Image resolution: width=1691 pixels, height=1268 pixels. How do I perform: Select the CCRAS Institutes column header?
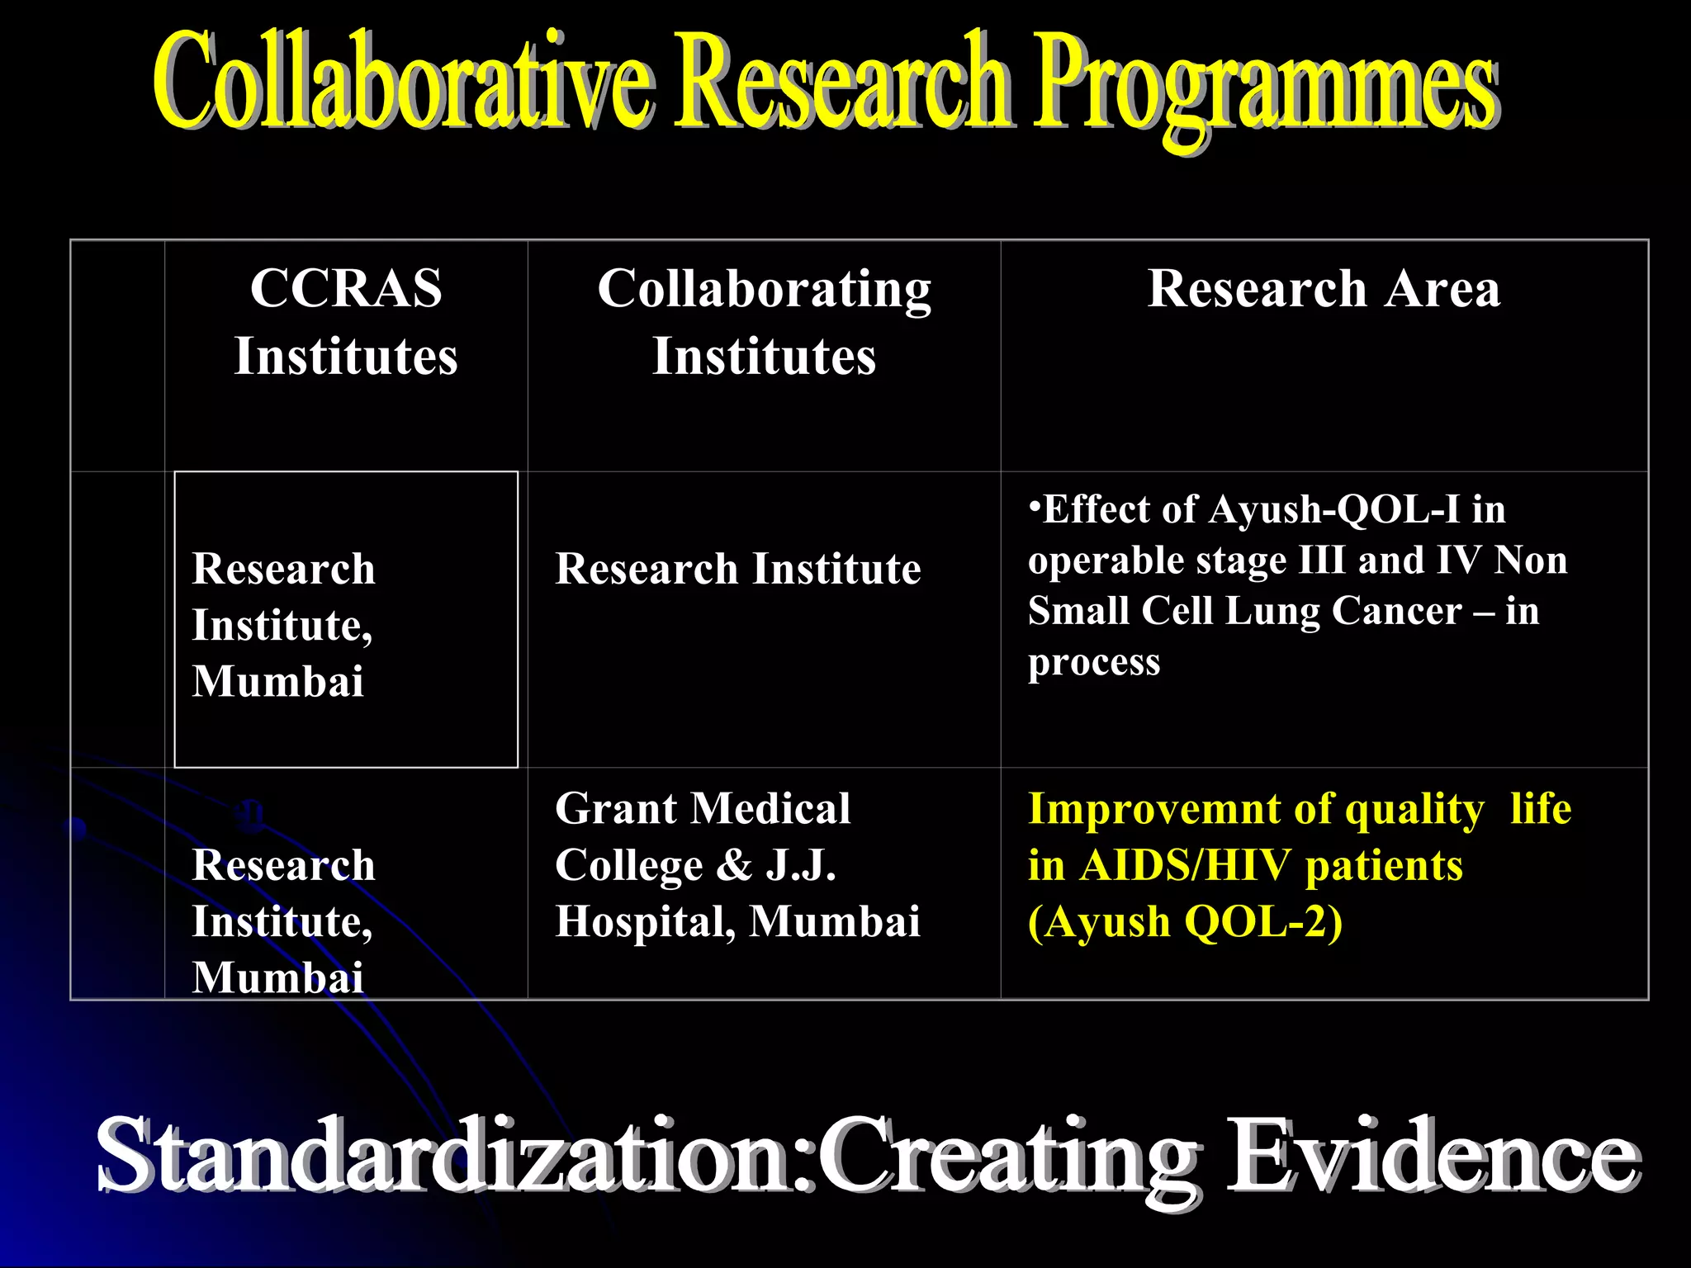point(346,322)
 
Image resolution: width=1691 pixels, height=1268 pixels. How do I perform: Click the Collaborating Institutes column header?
point(764,322)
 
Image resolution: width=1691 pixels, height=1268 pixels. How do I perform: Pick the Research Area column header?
point(1324,289)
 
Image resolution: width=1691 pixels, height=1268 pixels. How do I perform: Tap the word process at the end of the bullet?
point(1093,663)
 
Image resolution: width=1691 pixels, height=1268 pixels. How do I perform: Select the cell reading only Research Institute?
point(737,570)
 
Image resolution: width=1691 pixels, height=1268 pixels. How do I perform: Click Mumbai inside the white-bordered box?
point(277,682)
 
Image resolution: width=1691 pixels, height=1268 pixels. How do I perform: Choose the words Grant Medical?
point(702,808)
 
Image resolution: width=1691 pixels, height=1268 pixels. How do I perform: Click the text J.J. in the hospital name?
point(800,865)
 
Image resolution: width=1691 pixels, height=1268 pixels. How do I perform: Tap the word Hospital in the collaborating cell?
point(644,921)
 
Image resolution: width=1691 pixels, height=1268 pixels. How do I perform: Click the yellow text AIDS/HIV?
point(1185,866)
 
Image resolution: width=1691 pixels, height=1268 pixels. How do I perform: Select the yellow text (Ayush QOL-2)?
point(1185,922)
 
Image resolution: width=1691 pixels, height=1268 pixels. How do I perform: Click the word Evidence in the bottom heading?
point(1433,1156)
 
